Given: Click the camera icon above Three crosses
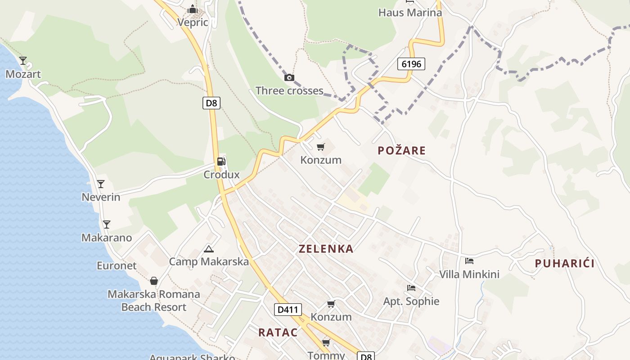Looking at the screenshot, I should pyautogui.click(x=289, y=78).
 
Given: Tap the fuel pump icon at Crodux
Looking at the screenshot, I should pyautogui.click(x=221, y=162).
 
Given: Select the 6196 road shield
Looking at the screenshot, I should pyautogui.click(x=411, y=64).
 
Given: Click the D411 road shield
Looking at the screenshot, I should pyautogui.click(x=288, y=310).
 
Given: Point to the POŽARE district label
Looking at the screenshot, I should pyautogui.click(x=401, y=151).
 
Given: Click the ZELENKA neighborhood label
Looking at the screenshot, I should pyautogui.click(x=326, y=249).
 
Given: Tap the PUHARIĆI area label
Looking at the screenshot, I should pyautogui.click(x=565, y=264).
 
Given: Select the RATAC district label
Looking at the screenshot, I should pyautogui.click(x=278, y=333).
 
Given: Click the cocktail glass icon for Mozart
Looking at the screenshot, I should pyautogui.click(x=23, y=60).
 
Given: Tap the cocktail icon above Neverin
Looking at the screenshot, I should pyautogui.click(x=101, y=184).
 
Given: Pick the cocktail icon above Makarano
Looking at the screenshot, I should pyautogui.click(x=106, y=224).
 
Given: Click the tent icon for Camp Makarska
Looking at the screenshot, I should pyautogui.click(x=208, y=249).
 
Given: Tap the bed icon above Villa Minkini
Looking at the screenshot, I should pyautogui.click(x=469, y=261).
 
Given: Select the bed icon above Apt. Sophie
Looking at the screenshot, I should pyautogui.click(x=411, y=288).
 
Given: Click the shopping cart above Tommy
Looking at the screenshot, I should pyautogui.click(x=326, y=343).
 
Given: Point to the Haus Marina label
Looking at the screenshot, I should pyautogui.click(x=410, y=13).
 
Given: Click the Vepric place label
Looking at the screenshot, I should pyautogui.click(x=193, y=22).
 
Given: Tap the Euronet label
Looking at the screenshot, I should pyautogui.click(x=117, y=265).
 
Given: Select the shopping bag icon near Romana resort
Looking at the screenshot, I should pyautogui.click(x=154, y=281).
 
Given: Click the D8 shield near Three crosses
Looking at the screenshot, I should pyautogui.click(x=211, y=103).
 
